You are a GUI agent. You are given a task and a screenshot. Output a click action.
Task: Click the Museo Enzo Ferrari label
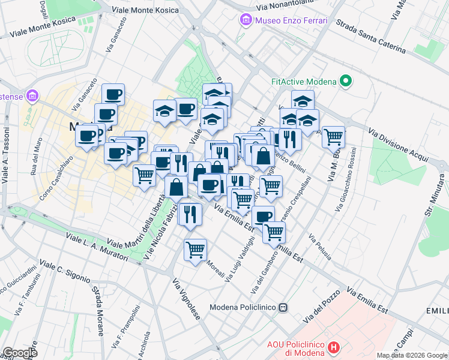[291, 21]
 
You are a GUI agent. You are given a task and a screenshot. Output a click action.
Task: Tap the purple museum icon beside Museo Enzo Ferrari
[246, 21]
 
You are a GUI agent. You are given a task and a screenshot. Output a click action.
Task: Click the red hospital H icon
[335, 347]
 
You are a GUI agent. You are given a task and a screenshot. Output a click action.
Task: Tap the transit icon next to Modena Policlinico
[283, 307]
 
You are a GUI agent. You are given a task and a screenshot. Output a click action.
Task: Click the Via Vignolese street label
[185, 299]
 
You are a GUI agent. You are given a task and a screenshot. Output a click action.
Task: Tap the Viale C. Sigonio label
[64, 271]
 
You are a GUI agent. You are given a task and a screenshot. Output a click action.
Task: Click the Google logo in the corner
[19, 353]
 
